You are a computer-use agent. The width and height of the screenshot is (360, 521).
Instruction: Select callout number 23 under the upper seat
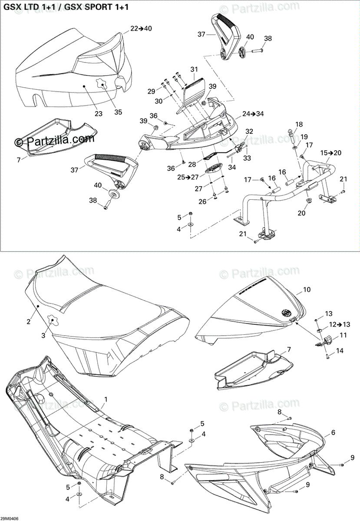[99, 114]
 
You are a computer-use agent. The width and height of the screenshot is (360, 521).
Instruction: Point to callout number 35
[118, 112]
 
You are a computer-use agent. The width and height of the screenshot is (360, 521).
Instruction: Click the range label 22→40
[141, 29]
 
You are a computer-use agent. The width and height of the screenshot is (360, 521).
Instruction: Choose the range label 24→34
[253, 114]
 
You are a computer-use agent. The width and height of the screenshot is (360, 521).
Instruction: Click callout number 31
[194, 69]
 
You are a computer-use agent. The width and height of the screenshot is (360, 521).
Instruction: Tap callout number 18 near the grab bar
[299, 125]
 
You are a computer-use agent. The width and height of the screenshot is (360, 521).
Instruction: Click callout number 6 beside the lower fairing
[333, 432]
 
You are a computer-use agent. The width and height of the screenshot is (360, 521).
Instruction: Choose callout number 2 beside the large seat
[28, 322]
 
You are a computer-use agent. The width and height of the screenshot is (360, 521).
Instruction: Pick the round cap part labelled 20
[309, 201]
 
